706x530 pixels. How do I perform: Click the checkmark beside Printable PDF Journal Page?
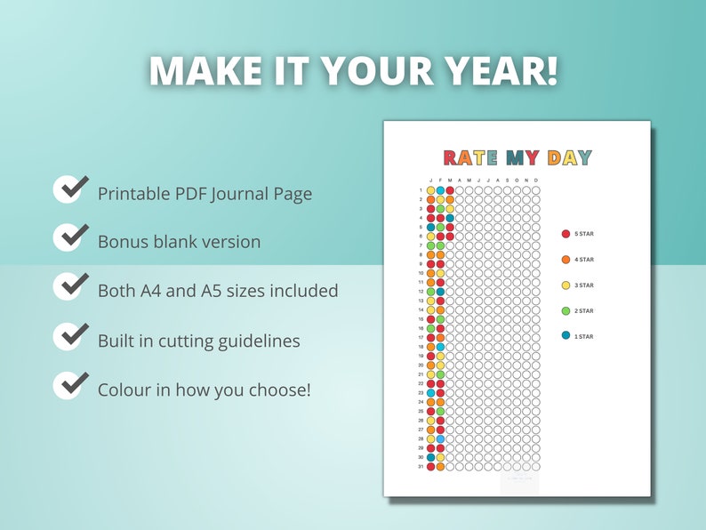[x=70, y=189]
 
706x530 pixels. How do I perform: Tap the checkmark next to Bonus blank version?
[x=70, y=237]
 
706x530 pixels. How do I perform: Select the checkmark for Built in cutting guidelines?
[x=70, y=337]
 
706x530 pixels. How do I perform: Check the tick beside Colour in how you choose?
[x=70, y=385]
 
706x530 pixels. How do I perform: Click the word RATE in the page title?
[x=471, y=158]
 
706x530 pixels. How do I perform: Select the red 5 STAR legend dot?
[x=566, y=234]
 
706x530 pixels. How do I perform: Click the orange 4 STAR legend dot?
[x=566, y=260]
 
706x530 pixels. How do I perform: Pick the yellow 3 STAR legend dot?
[x=566, y=285]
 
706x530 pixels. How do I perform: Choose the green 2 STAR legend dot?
[x=566, y=310]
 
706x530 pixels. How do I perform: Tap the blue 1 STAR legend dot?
[x=566, y=336]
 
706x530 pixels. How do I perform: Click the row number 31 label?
[x=421, y=467]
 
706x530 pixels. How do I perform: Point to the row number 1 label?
[x=421, y=190]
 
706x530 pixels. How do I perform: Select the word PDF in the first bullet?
[x=191, y=193]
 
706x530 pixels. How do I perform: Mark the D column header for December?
[x=536, y=180]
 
